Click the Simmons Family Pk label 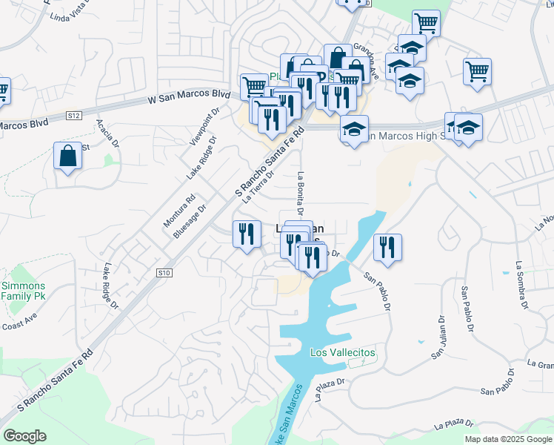(x=23, y=291)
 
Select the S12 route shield (x=73, y=116)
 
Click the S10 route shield (x=164, y=274)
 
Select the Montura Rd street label (x=179, y=210)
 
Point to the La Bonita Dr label (x=301, y=191)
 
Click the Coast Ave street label (x=19, y=324)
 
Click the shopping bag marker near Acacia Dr (x=67, y=156)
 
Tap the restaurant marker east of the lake (x=387, y=247)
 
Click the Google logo (x=24, y=436)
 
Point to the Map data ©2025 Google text (x=507, y=439)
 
